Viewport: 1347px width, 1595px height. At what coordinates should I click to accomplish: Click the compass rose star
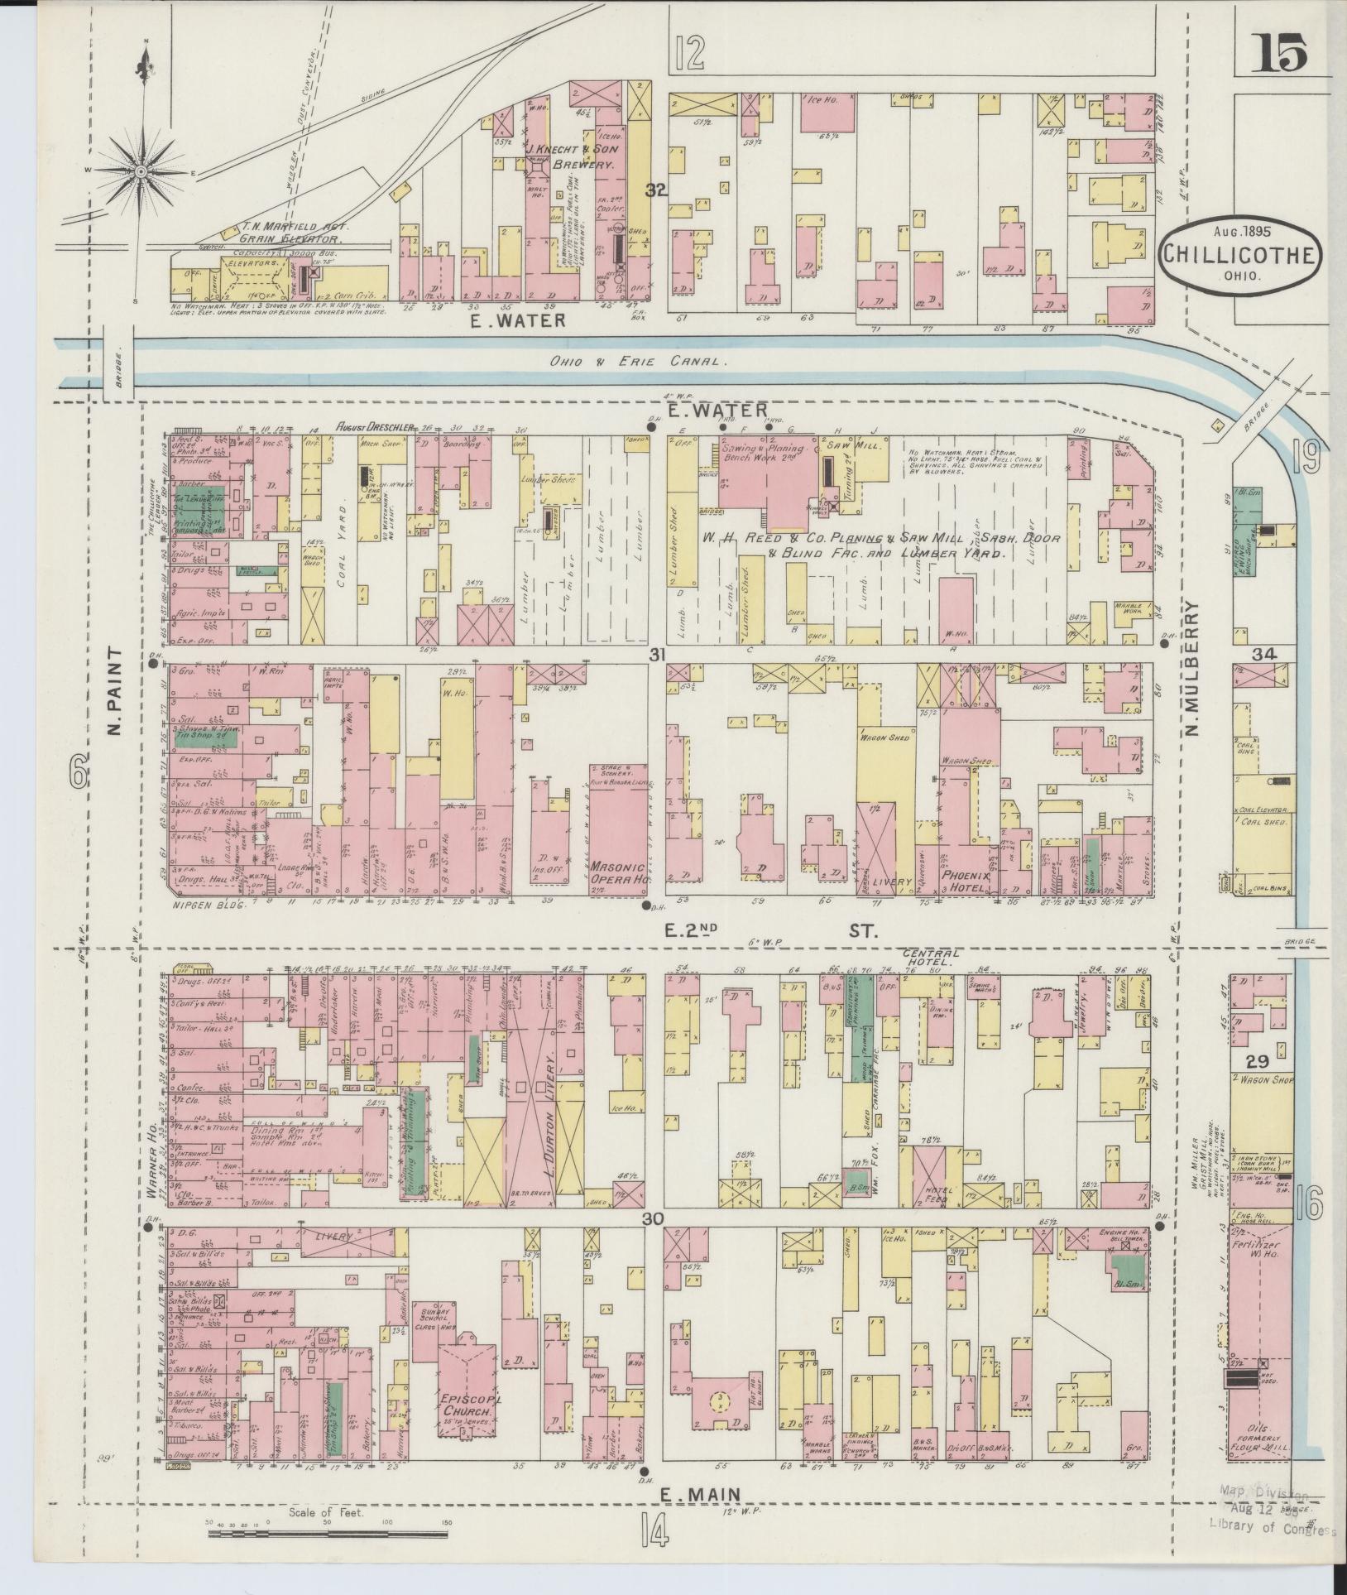tap(140, 171)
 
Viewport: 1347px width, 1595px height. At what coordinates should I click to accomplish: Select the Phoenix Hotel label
tap(965, 880)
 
